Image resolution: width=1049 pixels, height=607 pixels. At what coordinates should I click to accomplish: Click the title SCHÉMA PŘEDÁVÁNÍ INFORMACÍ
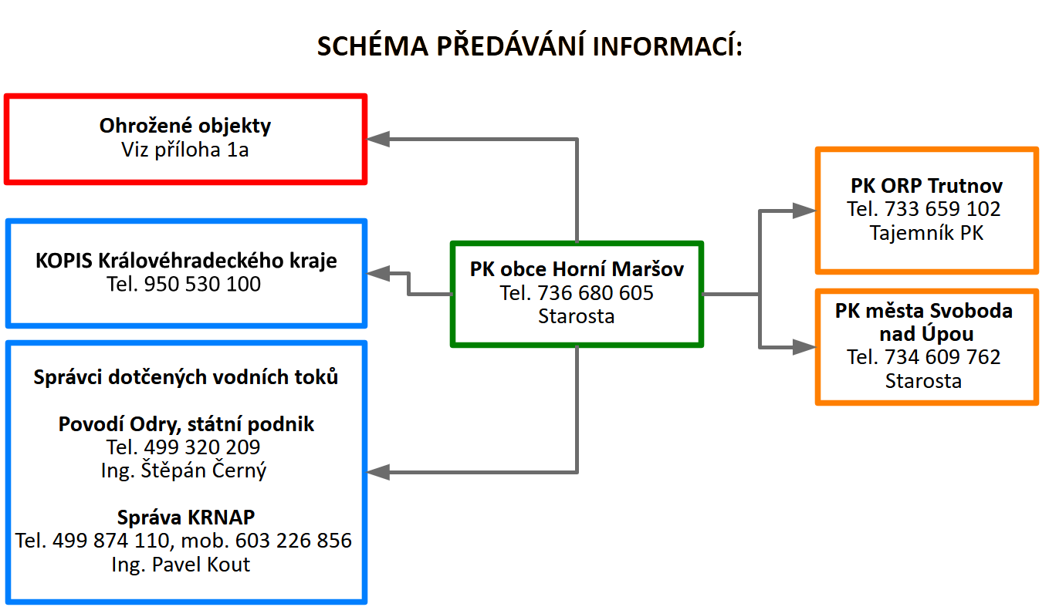coord(530,46)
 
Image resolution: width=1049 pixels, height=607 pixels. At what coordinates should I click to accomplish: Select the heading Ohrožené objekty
coord(185,126)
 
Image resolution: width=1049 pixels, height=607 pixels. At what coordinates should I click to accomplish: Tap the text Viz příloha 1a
coord(185,150)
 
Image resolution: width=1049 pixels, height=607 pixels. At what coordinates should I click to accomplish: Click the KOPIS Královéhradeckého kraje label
coord(186,261)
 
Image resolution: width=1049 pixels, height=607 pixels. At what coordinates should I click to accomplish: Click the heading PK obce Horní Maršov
coord(577,269)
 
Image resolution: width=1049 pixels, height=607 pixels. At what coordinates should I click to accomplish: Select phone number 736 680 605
coord(597,293)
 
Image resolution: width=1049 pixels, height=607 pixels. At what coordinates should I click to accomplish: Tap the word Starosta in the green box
coord(577,316)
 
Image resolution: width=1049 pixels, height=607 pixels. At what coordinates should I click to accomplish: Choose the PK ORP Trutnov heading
coord(926,186)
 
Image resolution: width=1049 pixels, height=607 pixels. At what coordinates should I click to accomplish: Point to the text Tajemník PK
coord(926,232)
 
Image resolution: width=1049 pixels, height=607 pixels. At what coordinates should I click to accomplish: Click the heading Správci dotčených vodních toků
coord(186,377)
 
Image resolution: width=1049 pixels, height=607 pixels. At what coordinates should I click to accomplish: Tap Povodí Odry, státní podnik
coord(186,423)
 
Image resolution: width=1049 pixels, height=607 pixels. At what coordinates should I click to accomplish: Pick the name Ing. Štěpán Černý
coord(184,470)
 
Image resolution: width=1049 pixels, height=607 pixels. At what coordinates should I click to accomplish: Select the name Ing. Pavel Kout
coord(181,564)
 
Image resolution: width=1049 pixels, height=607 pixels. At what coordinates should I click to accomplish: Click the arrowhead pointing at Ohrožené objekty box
coord(379,140)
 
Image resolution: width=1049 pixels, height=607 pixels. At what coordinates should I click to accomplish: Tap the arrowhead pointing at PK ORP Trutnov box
coord(804,210)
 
